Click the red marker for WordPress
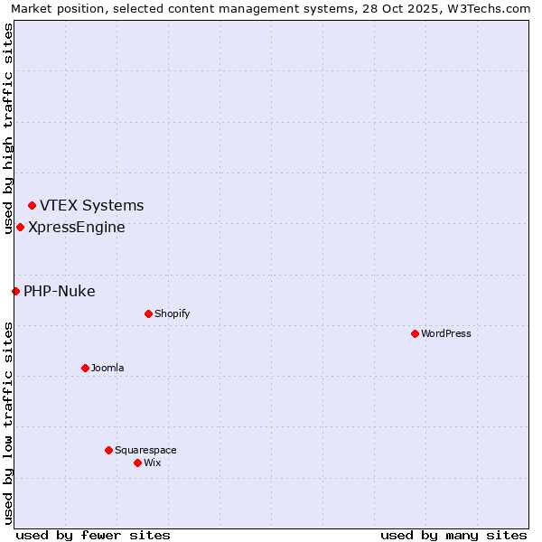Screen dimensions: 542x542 [415, 333]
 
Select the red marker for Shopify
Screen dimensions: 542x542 [148, 313]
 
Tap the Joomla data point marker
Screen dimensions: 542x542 [85, 368]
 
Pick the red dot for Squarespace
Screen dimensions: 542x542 [108, 450]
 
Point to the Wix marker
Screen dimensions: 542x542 [137, 463]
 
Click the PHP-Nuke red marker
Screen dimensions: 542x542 [15, 291]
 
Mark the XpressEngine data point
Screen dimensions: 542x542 [20, 227]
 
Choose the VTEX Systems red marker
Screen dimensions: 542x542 [32, 206]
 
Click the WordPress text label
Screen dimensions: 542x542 [446, 333]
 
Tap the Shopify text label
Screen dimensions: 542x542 [172, 313]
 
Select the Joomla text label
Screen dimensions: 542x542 [107, 368]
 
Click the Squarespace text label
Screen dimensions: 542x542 [145, 450]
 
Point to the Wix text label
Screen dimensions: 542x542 [152, 463]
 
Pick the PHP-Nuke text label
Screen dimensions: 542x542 [59, 291]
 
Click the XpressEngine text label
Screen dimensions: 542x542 [77, 227]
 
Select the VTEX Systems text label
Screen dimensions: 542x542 [91, 206]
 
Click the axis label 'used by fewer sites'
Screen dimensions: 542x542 [93, 535]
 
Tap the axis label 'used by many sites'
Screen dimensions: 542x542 [453, 535]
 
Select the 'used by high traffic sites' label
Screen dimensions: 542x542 [8, 128]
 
